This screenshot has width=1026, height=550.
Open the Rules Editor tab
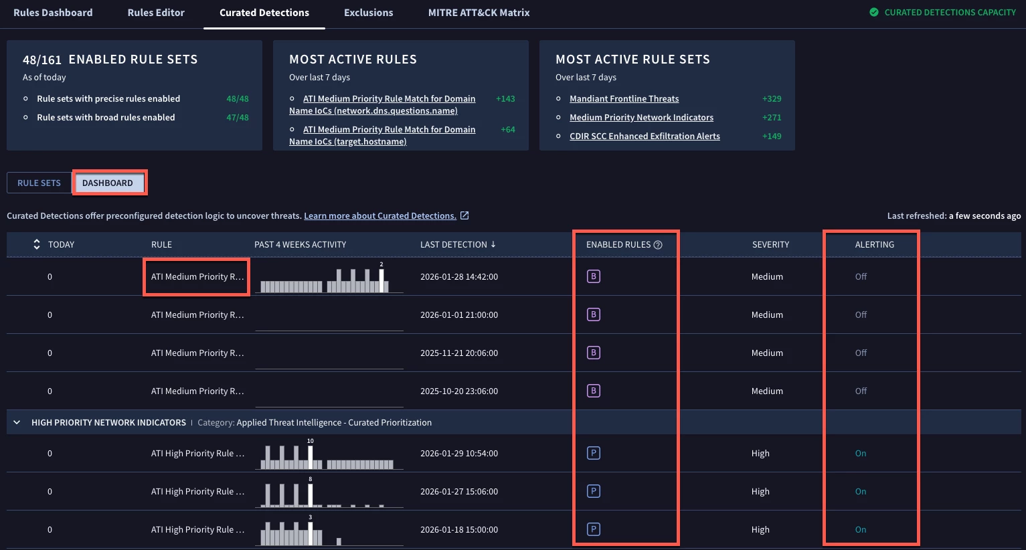tap(156, 13)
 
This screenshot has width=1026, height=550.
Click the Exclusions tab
tap(368, 13)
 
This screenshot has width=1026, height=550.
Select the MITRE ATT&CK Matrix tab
tap(479, 13)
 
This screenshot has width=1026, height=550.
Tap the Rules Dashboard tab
tap(53, 13)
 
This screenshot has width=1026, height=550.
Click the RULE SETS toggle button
tap(39, 183)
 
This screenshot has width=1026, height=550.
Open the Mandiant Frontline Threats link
tap(624, 98)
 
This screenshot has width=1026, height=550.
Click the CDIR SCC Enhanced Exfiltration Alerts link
tap(645, 136)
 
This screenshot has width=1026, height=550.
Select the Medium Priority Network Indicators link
tap(641, 117)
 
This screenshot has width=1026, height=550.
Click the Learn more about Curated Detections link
tap(380, 215)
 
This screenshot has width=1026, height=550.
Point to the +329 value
tap(772, 98)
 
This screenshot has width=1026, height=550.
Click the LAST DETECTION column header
tap(457, 244)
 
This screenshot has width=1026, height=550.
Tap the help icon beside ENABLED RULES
tap(658, 245)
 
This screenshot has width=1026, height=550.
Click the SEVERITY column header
tap(770, 244)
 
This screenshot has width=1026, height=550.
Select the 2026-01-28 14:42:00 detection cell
tap(459, 276)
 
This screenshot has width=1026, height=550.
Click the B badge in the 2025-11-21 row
tap(593, 353)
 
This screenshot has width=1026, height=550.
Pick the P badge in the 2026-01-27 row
tap(593, 491)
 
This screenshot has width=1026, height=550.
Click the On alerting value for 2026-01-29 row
tap(861, 453)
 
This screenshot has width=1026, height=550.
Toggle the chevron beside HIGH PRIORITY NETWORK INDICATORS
tap(17, 422)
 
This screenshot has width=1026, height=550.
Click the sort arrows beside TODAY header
tap(36, 244)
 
